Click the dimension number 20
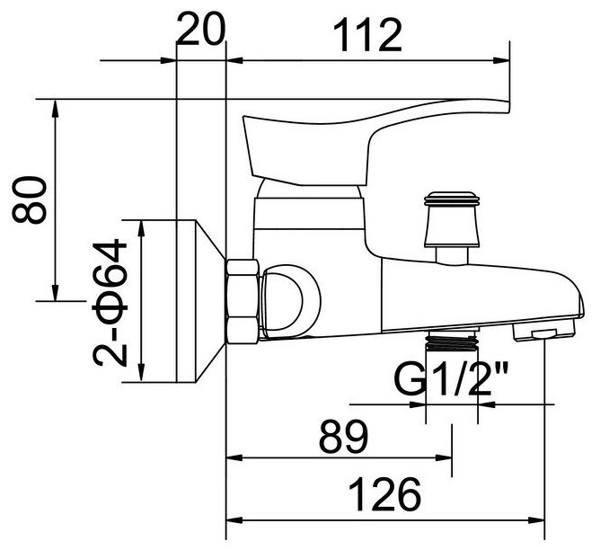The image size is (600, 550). point(201,33)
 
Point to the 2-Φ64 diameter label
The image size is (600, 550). point(114,302)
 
